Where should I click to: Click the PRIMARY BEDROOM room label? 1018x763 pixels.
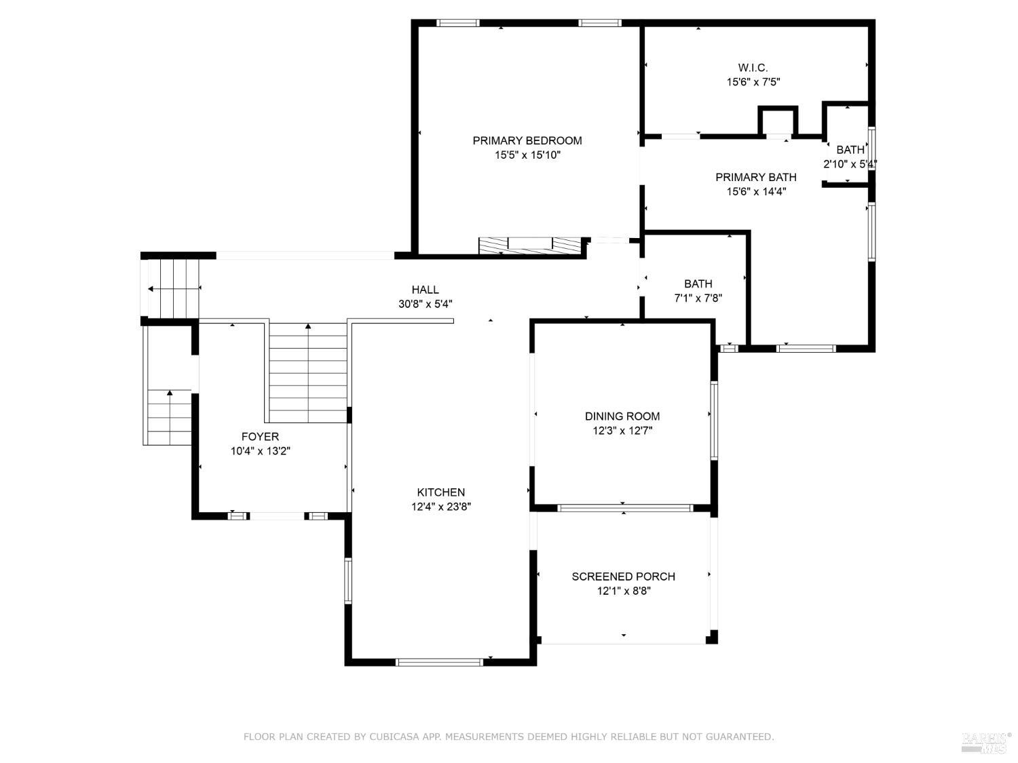pos(527,140)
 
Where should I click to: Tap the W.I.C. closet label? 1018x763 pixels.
pos(753,68)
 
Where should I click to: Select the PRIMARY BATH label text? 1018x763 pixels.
pos(755,177)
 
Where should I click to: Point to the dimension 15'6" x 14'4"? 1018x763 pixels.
pos(755,192)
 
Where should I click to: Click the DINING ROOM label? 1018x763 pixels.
pos(622,416)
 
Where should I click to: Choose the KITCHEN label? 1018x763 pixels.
pos(440,492)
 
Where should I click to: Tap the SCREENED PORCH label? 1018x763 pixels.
pos(623,576)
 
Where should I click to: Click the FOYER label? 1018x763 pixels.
pos(260,437)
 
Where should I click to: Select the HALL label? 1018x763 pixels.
pos(425,290)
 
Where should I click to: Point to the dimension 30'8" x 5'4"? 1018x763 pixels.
pos(425,305)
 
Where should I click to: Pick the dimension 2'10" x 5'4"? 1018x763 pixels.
pos(850,164)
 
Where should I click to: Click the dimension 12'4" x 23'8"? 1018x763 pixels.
pos(440,507)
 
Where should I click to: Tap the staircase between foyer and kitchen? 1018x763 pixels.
pos(309,373)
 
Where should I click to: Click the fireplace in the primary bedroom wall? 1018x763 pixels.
pos(531,246)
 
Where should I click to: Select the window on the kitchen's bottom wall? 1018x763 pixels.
pos(439,662)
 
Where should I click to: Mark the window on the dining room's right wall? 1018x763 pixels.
pos(714,420)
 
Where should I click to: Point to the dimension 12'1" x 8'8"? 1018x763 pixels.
pos(623,591)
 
